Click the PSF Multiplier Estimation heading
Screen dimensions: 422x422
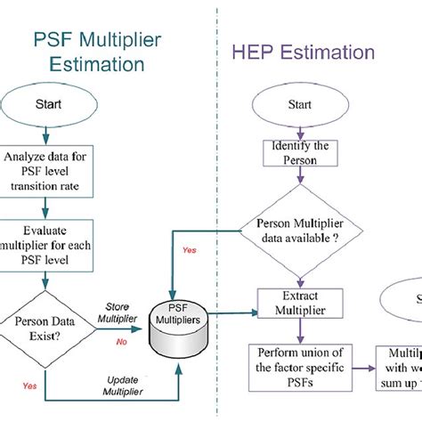pos(89,51)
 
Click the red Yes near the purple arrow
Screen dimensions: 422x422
pos(190,250)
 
